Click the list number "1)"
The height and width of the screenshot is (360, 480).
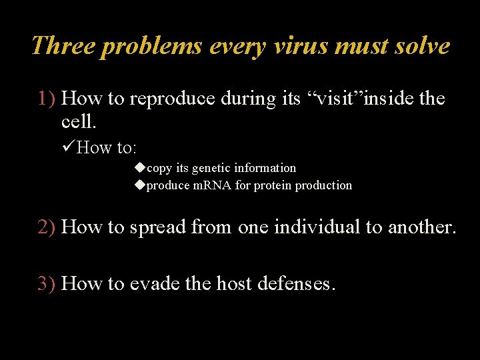pos(47,99)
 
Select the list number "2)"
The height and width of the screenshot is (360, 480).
pos(47,227)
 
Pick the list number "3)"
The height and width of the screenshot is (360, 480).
pos(47,284)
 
